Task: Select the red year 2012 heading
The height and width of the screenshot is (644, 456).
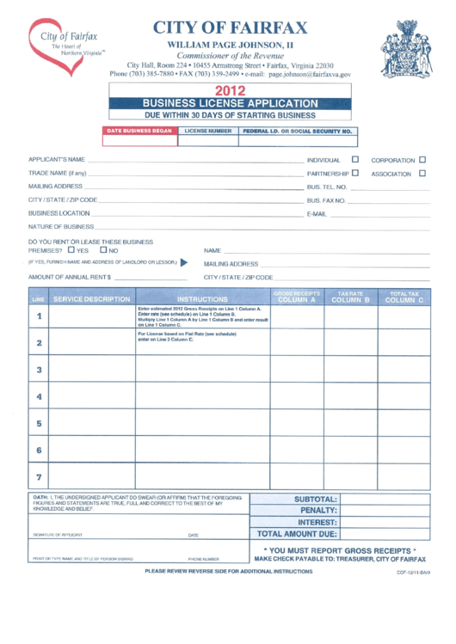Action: pyautogui.click(x=230, y=89)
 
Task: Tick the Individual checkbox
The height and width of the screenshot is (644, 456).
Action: pyautogui.click(x=355, y=159)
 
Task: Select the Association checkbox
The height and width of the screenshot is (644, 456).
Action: pyautogui.click(x=422, y=173)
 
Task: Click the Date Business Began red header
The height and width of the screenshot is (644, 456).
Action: pyautogui.click(x=139, y=132)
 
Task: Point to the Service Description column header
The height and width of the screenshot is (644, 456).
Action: pyautogui.click(x=91, y=299)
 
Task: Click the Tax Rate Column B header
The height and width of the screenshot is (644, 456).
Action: pyautogui.click(x=349, y=297)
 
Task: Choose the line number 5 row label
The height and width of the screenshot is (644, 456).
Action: pyautogui.click(x=39, y=423)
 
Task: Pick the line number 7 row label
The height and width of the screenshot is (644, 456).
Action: pyautogui.click(x=39, y=476)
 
